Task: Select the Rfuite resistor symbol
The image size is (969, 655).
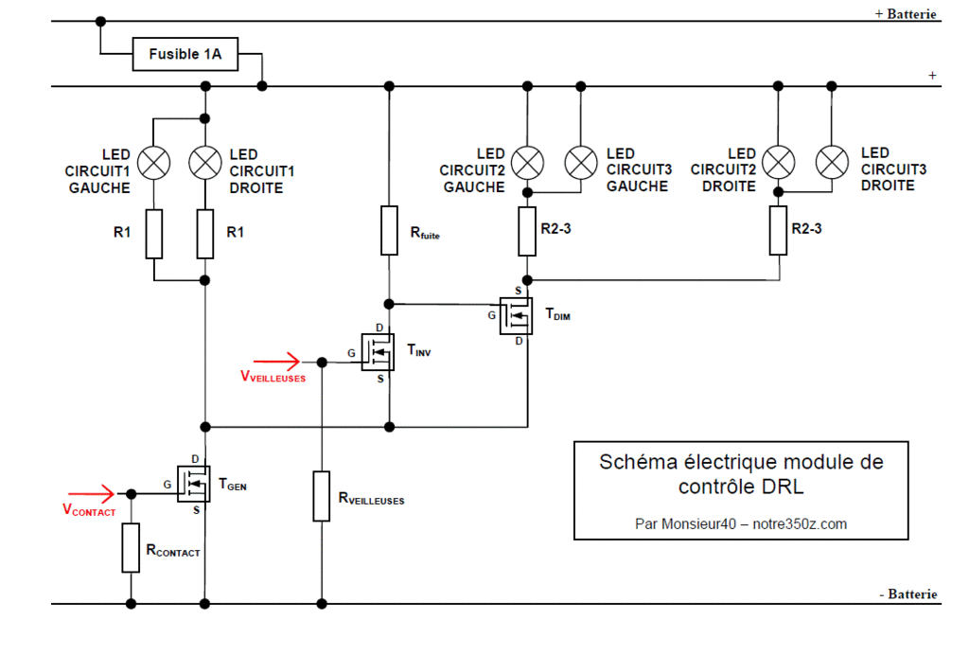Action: (x=389, y=230)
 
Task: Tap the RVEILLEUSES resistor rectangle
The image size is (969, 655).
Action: (x=322, y=496)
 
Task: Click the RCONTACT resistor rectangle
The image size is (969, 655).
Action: (x=131, y=548)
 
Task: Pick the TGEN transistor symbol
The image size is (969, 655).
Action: (x=194, y=484)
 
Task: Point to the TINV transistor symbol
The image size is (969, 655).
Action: (x=379, y=352)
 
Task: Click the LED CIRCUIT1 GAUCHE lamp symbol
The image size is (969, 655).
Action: (x=152, y=164)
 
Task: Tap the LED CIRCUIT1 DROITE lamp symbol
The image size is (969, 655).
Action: (x=204, y=164)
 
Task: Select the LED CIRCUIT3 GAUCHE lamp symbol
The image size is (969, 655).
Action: (x=580, y=163)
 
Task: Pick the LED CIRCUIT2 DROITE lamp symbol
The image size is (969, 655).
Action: (x=779, y=163)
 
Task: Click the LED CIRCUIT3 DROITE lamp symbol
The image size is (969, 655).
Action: (x=832, y=163)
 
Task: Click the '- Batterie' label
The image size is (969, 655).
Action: (x=908, y=594)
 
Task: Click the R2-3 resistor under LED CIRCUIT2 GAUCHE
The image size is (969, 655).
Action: (x=527, y=231)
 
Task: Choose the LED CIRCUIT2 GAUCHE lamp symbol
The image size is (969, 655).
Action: (x=526, y=163)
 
